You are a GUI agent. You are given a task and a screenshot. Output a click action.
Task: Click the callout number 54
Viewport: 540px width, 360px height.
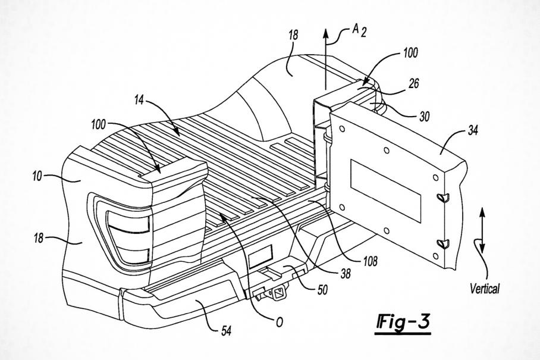(x=225, y=331)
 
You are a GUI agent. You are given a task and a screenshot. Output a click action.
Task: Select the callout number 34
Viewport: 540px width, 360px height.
(x=472, y=130)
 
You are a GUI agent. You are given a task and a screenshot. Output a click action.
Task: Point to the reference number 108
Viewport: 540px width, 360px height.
(x=370, y=261)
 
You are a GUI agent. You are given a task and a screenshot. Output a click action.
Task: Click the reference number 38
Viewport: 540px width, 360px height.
(x=345, y=274)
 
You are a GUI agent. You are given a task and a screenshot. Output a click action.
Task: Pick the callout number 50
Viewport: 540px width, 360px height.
(x=322, y=290)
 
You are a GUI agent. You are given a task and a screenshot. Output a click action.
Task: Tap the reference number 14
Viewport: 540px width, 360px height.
(x=139, y=100)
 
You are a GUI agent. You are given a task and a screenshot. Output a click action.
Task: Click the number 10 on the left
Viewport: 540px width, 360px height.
(x=37, y=176)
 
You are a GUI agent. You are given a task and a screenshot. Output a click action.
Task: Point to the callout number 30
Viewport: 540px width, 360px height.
(x=424, y=117)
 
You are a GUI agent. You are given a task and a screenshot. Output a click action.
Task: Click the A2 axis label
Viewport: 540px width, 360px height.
(x=359, y=30)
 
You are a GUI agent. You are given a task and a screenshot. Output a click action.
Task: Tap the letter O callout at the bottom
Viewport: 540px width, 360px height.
(x=280, y=322)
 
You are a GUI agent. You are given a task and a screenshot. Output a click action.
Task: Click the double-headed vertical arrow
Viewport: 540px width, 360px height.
(x=482, y=230)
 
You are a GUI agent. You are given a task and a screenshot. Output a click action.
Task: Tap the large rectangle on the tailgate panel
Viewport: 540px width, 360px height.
(x=386, y=190)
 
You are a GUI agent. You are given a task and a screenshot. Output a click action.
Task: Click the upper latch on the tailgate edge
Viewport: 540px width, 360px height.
(x=443, y=198)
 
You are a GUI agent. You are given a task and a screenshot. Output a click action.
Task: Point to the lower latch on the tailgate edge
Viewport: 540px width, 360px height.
(x=443, y=243)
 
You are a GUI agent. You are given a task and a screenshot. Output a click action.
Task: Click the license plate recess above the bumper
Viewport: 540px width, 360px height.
(x=260, y=256)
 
